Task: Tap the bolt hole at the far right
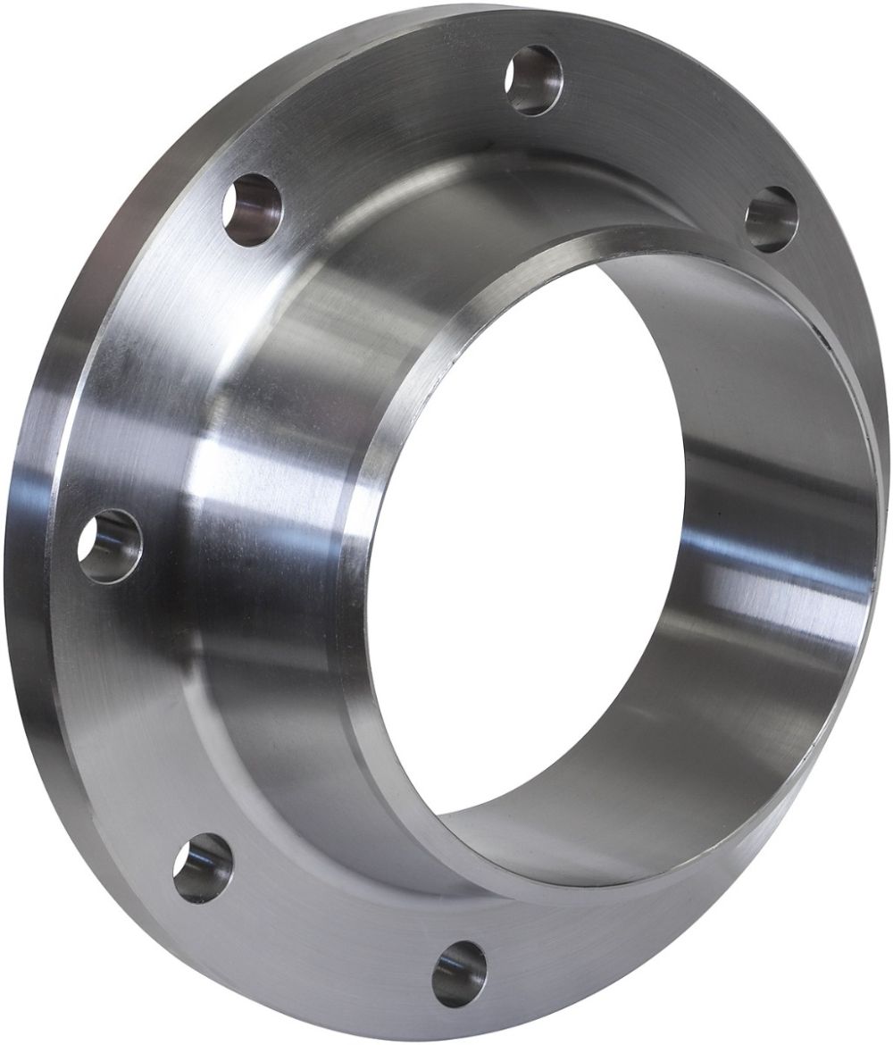[x=771, y=218]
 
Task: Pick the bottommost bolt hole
[x=459, y=970]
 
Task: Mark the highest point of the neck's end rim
[x=625, y=234]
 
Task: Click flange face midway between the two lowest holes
[x=321, y=929]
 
